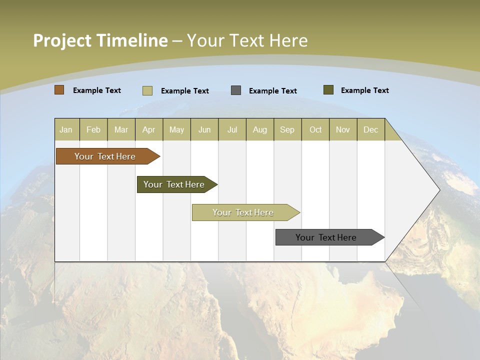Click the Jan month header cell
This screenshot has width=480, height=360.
[66, 129]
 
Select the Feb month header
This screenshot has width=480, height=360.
[93, 129]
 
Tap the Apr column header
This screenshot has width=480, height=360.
[149, 129]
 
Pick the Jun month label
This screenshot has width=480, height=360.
[204, 129]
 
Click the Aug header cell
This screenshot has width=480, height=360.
[260, 129]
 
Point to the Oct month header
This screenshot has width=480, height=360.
[315, 129]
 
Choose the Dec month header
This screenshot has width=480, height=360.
[371, 129]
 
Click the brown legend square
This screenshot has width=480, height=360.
[59, 90]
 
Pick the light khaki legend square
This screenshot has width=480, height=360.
[147, 90]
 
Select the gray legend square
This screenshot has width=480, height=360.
[236, 90]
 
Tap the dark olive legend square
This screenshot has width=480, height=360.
[328, 90]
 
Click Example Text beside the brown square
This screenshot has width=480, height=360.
[97, 90]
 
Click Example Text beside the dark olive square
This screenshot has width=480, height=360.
[365, 90]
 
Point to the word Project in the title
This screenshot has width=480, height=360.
[62, 40]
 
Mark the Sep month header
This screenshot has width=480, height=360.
[287, 129]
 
